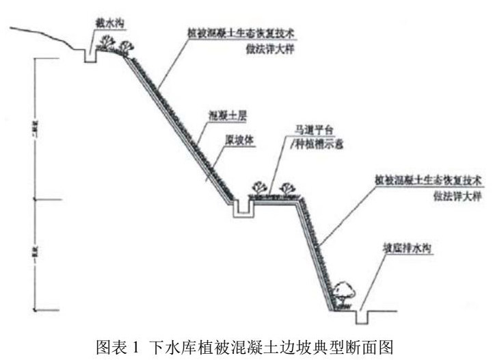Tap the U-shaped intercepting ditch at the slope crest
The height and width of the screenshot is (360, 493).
(x=90, y=55)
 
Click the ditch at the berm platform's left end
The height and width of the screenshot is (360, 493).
(x=241, y=209)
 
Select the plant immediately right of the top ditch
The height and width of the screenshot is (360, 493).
(x=107, y=43)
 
